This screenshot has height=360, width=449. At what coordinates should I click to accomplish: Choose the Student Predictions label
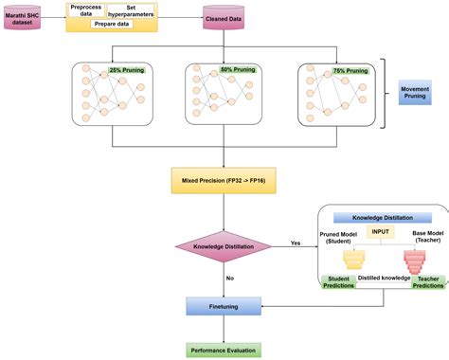(x=338, y=282)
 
